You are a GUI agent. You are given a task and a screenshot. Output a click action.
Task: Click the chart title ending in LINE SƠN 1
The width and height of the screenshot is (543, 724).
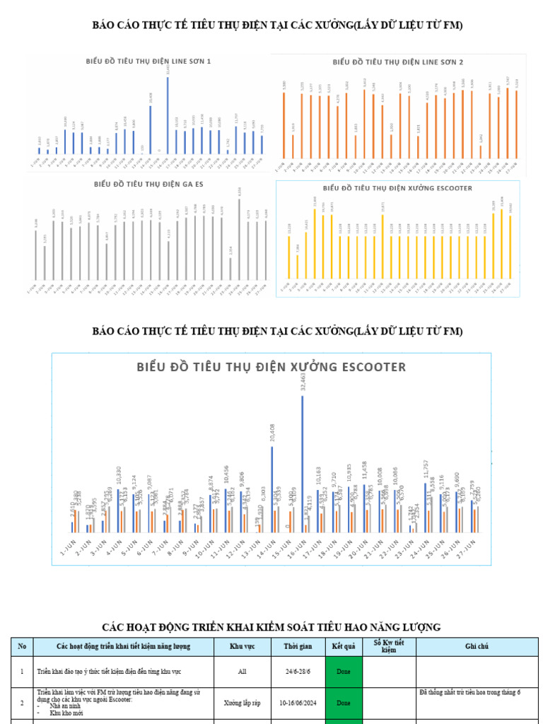coord(148,62)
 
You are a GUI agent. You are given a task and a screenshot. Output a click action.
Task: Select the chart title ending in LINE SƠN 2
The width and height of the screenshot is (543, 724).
coord(398,62)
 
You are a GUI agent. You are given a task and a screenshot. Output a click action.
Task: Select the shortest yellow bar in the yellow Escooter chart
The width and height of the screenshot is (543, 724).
coord(298,266)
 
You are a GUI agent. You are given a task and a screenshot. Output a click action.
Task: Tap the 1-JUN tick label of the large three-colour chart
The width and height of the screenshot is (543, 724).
coord(69,549)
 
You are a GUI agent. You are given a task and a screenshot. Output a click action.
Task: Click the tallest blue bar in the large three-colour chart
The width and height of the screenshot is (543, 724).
coord(303,463)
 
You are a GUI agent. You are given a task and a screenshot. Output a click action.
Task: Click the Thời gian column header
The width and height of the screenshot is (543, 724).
coord(296,646)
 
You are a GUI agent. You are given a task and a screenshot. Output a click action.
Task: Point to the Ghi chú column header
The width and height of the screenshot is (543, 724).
coord(477,646)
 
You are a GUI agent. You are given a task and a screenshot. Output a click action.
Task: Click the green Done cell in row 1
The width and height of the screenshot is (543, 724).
coord(343,671)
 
